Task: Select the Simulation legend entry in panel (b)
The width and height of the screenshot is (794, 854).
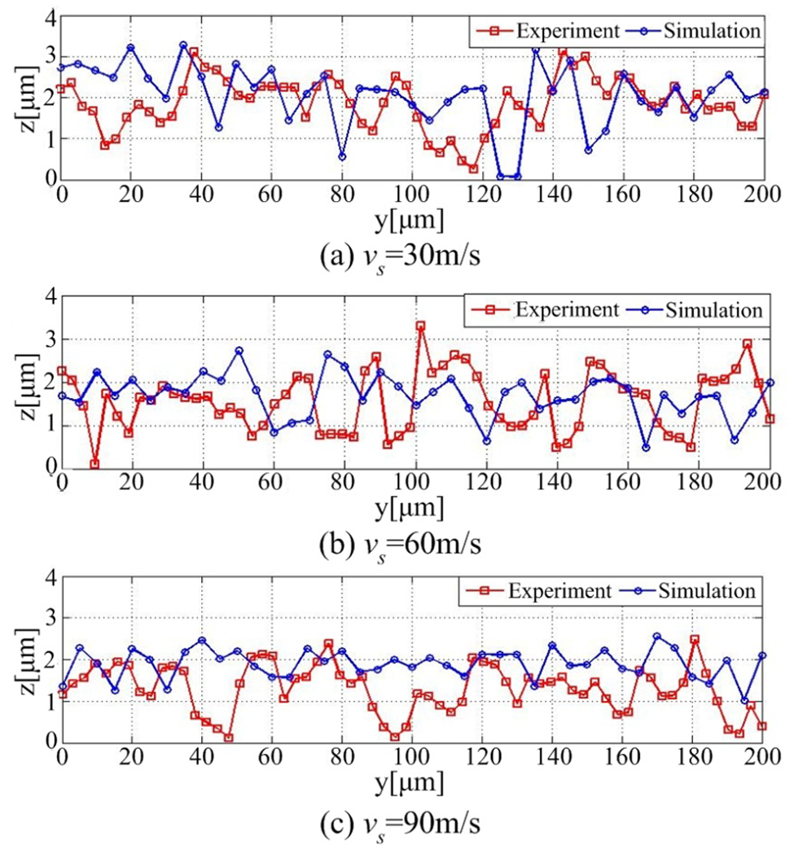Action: click(695, 310)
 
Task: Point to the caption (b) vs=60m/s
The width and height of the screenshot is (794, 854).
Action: click(401, 545)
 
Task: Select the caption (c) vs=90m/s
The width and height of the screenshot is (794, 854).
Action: click(401, 826)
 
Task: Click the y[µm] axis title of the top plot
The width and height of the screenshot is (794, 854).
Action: click(410, 221)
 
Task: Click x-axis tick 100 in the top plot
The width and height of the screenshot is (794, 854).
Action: click(412, 194)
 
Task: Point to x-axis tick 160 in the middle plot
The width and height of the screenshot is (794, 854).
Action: click(623, 481)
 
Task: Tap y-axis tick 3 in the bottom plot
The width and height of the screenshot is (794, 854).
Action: click(50, 618)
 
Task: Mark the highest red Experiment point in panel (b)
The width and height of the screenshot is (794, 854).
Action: click(421, 326)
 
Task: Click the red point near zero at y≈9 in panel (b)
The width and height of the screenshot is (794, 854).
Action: click(94, 464)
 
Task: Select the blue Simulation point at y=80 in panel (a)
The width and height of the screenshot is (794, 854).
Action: click(342, 157)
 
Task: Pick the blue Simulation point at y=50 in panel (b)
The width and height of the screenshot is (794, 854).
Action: click(239, 351)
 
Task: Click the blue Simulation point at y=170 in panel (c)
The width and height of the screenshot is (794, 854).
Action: click(656, 636)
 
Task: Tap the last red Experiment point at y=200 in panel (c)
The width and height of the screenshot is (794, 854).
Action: click(762, 726)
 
